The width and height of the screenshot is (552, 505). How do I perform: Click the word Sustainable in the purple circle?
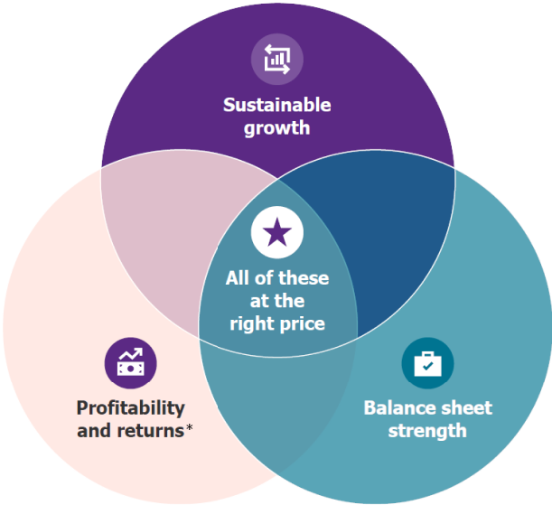click(x=276, y=106)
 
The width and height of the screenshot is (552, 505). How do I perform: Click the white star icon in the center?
click(x=276, y=234)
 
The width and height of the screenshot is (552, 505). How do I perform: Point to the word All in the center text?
click(x=239, y=277)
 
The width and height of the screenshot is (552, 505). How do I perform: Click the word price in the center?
click(x=302, y=323)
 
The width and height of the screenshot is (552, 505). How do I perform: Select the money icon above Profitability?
click(x=131, y=363)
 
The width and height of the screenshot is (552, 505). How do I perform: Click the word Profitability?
click(x=130, y=408)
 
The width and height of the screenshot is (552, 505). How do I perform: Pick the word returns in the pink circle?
click(x=148, y=430)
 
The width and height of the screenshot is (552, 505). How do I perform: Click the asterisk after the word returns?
click(x=189, y=428)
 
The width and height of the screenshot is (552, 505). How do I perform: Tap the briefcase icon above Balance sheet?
click(x=426, y=363)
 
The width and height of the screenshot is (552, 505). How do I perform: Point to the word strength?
click(x=426, y=430)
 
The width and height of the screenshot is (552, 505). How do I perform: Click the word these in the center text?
click(x=304, y=277)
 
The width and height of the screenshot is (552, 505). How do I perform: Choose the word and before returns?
click(x=92, y=430)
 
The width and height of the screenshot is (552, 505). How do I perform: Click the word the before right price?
click(x=291, y=300)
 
